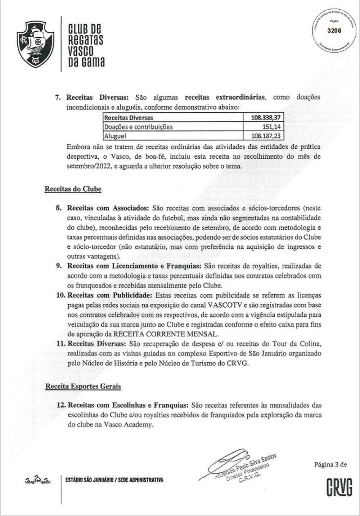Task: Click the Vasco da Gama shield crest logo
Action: (35, 44)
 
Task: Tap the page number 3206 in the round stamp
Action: (334, 31)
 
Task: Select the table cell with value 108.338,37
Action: (266, 118)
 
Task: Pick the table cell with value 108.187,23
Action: (266, 136)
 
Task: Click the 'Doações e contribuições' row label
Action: (138, 127)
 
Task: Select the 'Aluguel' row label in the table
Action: (115, 136)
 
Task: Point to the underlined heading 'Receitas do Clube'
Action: (73, 189)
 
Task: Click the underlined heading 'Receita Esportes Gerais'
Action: (83, 386)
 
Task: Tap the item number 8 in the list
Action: (59, 208)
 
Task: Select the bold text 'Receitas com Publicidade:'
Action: (110, 295)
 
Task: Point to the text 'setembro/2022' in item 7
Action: (86, 166)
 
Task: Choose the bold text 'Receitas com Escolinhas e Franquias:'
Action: (128, 405)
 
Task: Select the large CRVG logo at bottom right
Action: (339, 487)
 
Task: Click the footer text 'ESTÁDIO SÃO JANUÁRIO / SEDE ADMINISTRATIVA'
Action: (114, 480)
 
